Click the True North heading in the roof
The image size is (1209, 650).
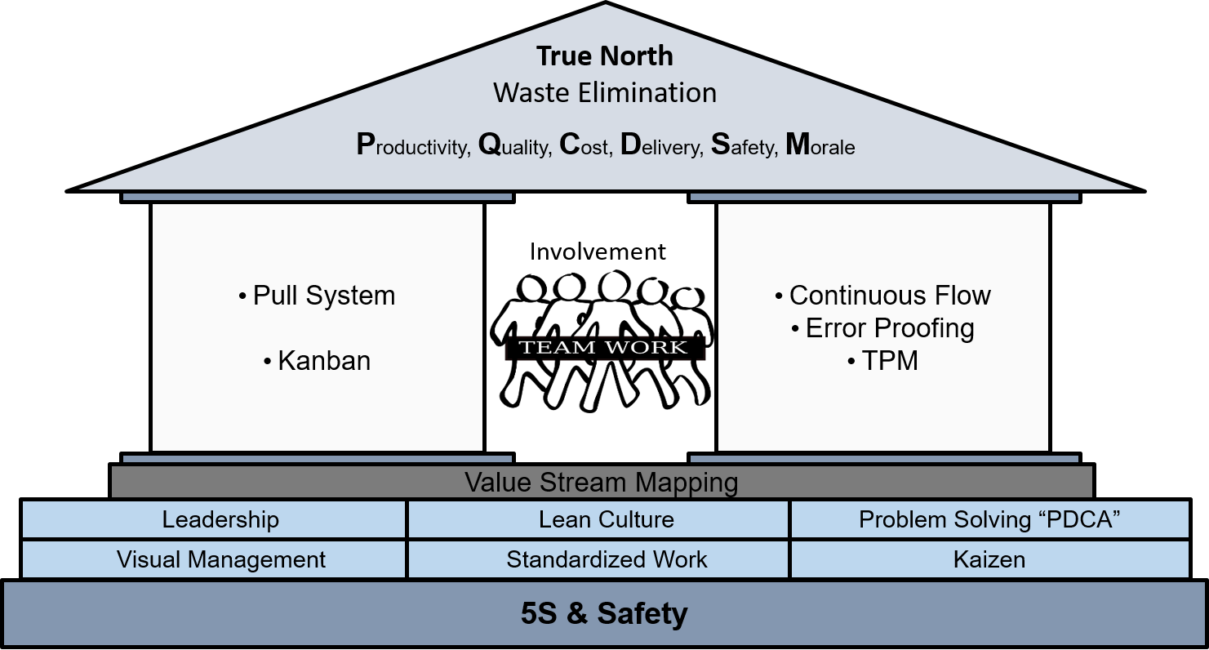click(x=605, y=56)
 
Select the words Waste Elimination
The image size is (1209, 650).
click(x=605, y=92)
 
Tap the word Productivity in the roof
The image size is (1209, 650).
click(x=413, y=145)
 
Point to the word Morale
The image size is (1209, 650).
click(x=820, y=145)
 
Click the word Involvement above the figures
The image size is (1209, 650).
click(x=598, y=252)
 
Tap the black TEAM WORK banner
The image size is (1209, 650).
click(x=604, y=347)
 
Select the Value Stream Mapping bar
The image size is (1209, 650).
click(x=602, y=482)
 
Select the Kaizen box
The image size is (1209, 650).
click(x=989, y=559)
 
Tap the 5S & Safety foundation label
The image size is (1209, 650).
click(x=604, y=613)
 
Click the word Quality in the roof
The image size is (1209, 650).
click(x=515, y=145)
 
